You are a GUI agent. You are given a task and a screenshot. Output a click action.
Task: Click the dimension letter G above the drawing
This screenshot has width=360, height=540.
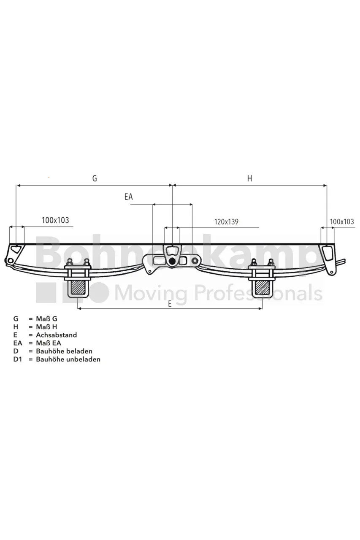(95, 178)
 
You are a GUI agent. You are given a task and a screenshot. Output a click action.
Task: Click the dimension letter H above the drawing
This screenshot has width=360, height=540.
(249, 178)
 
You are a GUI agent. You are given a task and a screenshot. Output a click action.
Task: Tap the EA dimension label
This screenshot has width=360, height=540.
(129, 197)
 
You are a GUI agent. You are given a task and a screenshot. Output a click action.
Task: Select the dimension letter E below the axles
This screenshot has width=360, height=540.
(170, 304)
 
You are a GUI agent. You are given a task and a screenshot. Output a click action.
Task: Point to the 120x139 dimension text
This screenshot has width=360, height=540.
(226, 221)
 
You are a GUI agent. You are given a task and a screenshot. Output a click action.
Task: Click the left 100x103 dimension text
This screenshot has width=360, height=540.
(55, 220)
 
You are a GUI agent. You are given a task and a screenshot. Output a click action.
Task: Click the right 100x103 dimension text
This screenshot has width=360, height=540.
(342, 221)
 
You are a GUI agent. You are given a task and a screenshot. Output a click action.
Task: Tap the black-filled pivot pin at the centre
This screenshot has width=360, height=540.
(172, 261)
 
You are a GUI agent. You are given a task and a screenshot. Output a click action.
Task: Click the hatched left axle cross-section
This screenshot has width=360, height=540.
(78, 287)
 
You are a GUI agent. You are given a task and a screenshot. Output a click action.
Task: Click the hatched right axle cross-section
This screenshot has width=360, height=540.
(262, 287)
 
